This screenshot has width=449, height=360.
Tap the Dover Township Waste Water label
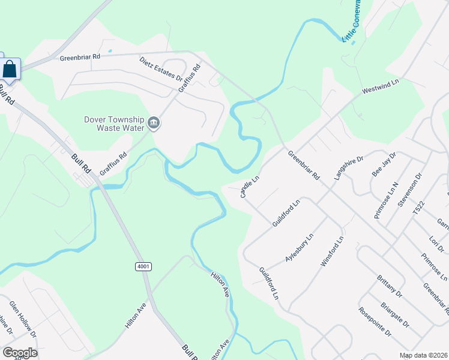[x=113, y=123]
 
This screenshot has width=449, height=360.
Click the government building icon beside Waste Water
[x=154, y=123]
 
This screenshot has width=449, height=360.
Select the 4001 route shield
[x=143, y=266]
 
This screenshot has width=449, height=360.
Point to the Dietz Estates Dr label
[x=160, y=69]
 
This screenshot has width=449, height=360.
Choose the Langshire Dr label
[x=349, y=169]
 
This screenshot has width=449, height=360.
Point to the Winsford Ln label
[x=331, y=251]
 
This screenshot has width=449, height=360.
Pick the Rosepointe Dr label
[x=375, y=322]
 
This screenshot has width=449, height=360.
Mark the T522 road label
[x=419, y=208]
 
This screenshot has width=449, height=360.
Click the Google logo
[x=20, y=352]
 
